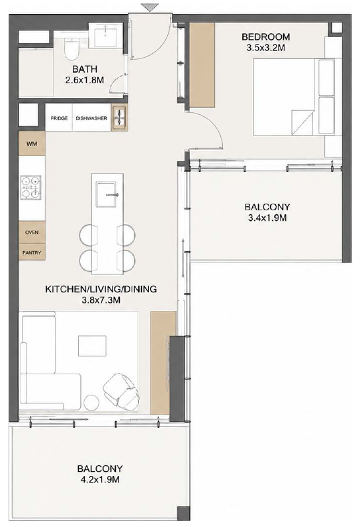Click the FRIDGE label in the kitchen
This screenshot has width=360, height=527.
pos(59,118)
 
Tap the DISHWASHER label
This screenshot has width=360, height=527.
pos(91,118)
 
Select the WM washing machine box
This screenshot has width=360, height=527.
pos(32,143)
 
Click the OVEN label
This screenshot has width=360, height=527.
pos(32,232)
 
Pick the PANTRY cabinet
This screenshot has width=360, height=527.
pos(32,253)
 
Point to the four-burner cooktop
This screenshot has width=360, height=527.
pos(31,188)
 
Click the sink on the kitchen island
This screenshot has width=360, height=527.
pos(107,194)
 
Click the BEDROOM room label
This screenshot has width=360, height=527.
pos(265,36)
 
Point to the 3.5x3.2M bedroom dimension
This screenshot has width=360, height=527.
pos(265,48)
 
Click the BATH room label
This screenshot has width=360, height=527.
pos(85,69)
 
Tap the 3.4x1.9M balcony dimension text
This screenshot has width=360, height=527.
pos(267,218)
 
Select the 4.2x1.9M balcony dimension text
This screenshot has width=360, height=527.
pos(100,479)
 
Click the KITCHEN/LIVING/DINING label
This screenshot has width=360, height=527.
pos(101,289)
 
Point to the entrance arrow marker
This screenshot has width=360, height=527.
pos(150,8)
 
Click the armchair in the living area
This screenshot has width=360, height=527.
pos(122,391)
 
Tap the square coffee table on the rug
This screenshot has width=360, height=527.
pos(92,345)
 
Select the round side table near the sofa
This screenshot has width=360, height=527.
pos(91,402)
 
